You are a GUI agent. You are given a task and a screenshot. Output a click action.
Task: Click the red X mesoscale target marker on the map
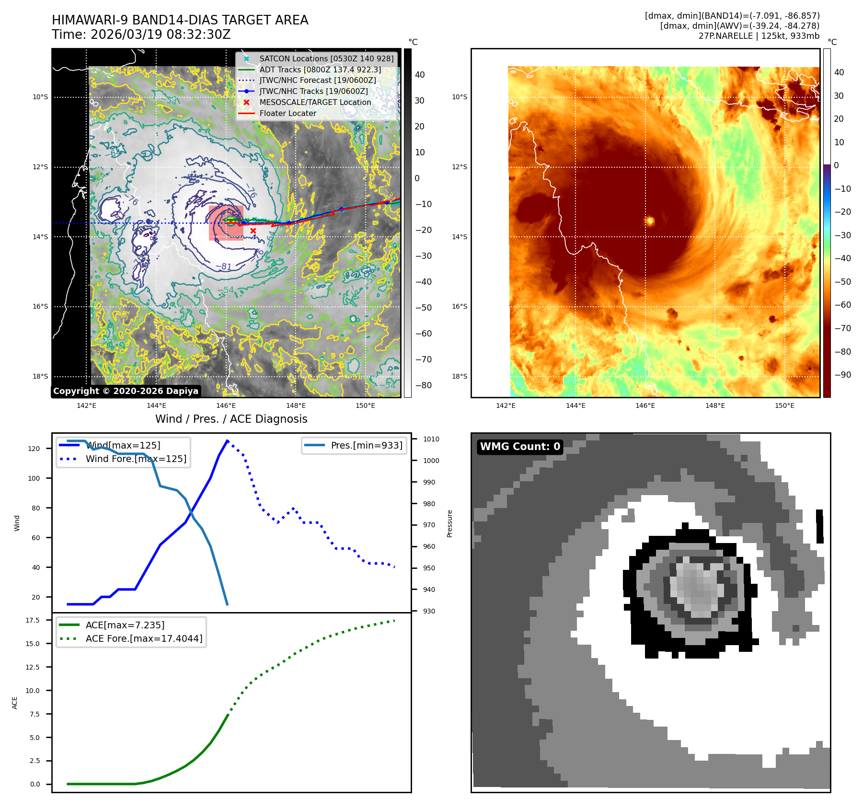(253, 231)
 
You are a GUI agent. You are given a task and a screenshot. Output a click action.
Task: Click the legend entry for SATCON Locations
(326, 58)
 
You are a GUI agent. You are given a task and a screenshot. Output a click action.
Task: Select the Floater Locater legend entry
(288, 113)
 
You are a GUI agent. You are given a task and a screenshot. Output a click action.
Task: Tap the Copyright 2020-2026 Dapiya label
(126, 391)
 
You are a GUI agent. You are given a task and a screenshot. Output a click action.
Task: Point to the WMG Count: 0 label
(520, 447)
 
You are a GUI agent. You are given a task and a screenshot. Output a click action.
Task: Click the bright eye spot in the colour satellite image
(650, 221)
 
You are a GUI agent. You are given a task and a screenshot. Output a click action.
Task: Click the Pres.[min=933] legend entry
(366, 445)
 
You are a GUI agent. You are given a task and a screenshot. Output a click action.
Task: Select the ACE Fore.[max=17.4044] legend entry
(143, 638)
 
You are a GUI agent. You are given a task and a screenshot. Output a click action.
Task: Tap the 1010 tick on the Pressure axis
(431, 439)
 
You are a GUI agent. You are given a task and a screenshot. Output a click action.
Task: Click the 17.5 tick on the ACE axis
(33, 620)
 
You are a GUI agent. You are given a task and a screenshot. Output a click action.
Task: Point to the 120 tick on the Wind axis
(34, 449)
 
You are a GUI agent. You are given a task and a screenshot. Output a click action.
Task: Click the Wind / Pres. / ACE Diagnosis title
(231, 419)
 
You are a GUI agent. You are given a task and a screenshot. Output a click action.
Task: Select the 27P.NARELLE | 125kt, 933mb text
(759, 36)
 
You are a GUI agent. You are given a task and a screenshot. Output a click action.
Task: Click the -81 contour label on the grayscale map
(224, 266)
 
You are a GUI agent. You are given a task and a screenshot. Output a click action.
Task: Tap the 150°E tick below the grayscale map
(365, 405)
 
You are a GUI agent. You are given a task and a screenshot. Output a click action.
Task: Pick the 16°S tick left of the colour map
(459, 306)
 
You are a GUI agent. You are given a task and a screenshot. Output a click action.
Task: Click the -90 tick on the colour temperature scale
(842, 375)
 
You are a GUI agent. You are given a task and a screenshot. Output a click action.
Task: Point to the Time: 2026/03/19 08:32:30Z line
(141, 35)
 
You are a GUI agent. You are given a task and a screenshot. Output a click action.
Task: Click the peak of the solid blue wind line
(227, 440)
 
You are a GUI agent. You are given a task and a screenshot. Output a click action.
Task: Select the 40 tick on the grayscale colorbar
(420, 74)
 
